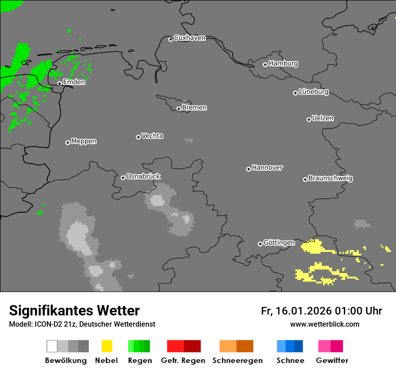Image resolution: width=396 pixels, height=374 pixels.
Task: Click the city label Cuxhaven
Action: click(x=189, y=38)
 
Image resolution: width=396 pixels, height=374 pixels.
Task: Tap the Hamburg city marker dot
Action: click(x=265, y=64)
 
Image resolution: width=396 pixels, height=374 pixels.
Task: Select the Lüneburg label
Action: click(x=313, y=92)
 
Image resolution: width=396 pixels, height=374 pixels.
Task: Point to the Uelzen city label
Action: click(x=323, y=119)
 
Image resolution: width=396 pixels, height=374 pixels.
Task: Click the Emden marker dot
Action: click(x=59, y=83)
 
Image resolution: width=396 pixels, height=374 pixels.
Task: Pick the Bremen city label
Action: click(x=194, y=108)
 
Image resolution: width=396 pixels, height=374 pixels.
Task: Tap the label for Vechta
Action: click(x=152, y=136)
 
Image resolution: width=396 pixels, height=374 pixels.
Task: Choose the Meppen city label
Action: click(x=84, y=141)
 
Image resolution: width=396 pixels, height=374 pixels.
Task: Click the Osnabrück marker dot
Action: click(x=123, y=178)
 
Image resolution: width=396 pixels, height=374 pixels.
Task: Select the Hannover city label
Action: click(x=267, y=168)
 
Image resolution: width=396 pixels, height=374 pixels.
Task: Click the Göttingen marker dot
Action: click(x=260, y=244)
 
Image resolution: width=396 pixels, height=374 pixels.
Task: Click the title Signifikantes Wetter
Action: click(x=74, y=310)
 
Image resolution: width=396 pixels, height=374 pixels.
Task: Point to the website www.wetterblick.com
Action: click(x=324, y=324)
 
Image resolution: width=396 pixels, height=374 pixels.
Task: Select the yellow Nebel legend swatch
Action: click(x=107, y=346)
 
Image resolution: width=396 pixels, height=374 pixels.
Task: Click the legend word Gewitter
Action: click(x=332, y=360)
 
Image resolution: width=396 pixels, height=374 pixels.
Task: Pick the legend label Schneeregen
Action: click(x=238, y=360)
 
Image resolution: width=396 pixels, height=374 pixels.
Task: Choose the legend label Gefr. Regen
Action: click(x=183, y=360)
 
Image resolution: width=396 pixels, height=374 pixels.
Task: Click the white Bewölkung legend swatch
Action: click(x=52, y=346)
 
